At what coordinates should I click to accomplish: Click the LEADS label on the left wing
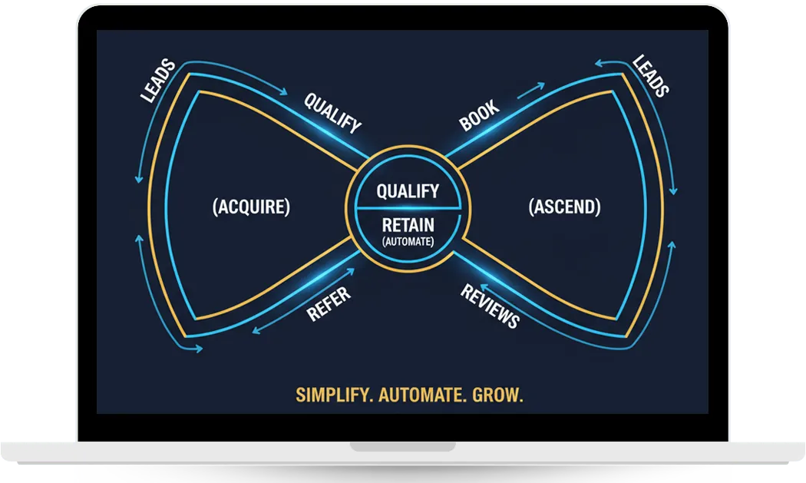click(x=158, y=81)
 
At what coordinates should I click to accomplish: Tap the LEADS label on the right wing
click(x=651, y=75)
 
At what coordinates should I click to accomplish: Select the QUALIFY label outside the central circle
click(x=332, y=113)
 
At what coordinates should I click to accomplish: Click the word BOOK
click(x=478, y=115)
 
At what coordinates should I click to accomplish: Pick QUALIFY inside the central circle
click(x=408, y=191)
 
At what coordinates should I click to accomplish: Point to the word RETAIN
click(x=408, y=225)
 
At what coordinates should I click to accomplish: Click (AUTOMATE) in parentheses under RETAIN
click(x=408, y=241)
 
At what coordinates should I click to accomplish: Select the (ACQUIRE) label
click(x=251, y=207)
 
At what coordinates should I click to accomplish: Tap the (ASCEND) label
click(x=564, y=207)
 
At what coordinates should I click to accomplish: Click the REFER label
click(x=329, y=303)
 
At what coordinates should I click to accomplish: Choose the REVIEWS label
click(x=490, y=306)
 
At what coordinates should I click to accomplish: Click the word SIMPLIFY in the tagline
click(x=334, y=395)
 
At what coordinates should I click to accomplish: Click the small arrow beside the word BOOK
click(x=531, y=90)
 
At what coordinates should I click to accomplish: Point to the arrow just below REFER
click(x=303, y=302)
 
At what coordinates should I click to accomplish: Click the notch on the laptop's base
click(x=402, y=446)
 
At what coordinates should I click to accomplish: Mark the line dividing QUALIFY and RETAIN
click(x=408, y=208)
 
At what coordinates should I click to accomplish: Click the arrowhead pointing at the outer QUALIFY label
click(x=283, y=92)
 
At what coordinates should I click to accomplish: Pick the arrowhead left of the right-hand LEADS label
click(x=599, y=63)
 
